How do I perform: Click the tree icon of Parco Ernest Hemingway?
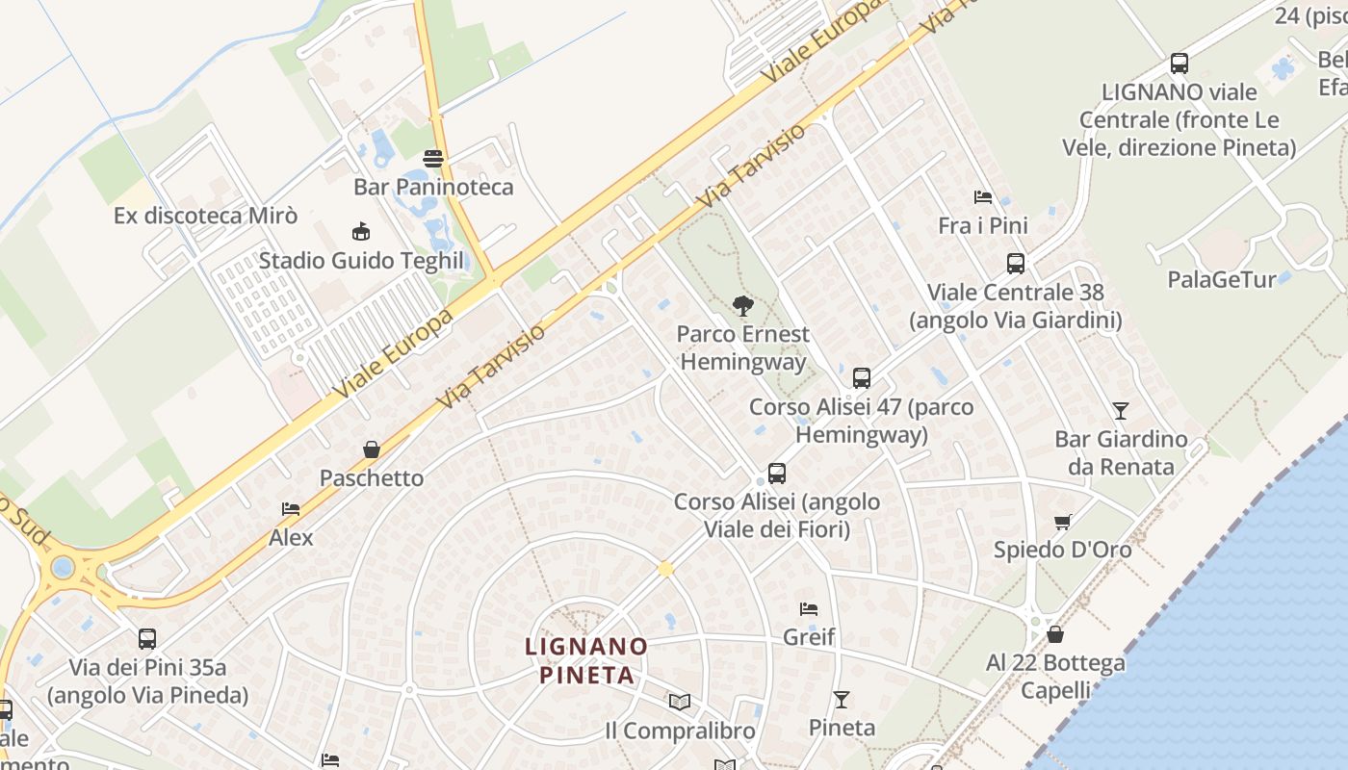(742, 306)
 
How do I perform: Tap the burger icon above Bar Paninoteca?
(433, 159)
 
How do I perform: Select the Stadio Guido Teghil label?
(361, 261)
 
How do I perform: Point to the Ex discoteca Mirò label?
(205, 216)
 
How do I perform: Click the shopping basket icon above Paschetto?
(372, 449)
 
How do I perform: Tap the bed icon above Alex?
(291, 509)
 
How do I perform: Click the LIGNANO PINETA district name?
(586, 659)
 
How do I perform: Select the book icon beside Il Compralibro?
(680, 703)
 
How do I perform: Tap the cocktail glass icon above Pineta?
(842, 700)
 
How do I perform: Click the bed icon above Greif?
(809, 609)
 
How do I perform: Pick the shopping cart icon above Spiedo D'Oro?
(1063, 522)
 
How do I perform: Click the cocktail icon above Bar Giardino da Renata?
(1120, 411)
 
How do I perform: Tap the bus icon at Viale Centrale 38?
(1015, 264)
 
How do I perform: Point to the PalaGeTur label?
(1221, 279)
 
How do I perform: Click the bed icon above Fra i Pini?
(982, 197)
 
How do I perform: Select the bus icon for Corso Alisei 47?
(862, 378)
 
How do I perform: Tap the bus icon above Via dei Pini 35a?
(147, 639)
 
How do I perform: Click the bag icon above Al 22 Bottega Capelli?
(1055, 635)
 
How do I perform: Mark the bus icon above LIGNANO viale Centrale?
(1179, 64)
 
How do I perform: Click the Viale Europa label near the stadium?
(394, 354)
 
